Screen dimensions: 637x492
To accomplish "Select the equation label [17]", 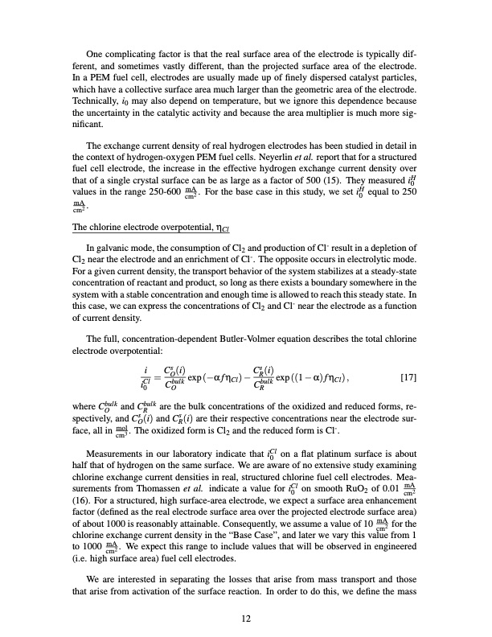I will (x=408, y=371).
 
